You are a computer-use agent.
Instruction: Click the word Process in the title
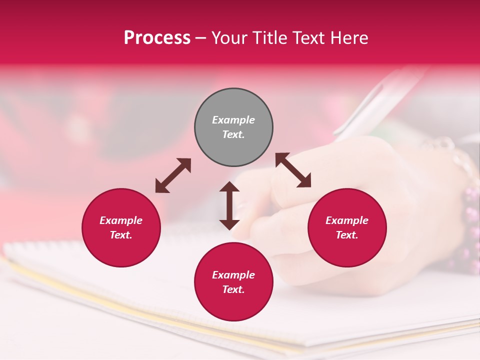(157, 38)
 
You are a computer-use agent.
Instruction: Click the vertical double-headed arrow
(229, 205)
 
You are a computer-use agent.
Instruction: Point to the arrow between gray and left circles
(173, 175)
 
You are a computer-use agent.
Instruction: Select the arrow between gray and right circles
(293, 170)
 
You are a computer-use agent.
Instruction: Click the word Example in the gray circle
(233, 120)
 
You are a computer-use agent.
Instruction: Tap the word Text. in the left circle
(121, 235)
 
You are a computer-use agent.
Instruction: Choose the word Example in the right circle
(347, 220)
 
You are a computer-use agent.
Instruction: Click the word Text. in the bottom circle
(233, 289)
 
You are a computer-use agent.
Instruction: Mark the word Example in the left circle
(121, 220)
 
